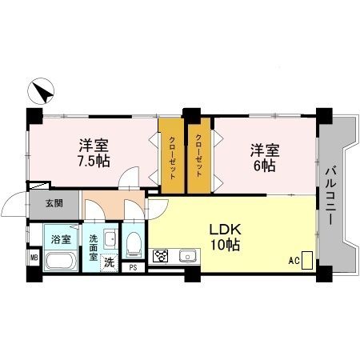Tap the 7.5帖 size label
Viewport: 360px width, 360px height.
[94, 160]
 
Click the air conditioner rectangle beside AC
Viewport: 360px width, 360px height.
[307, 260]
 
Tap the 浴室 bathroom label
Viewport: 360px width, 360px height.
[61, 238]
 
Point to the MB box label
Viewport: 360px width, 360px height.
[34, 257]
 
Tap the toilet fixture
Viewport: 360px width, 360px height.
[133, 242]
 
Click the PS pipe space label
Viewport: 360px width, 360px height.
[133, 267]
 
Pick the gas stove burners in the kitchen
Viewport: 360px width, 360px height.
[161, 257]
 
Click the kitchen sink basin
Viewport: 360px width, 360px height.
[189, 256]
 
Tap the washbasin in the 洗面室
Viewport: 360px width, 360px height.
[109, 239]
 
